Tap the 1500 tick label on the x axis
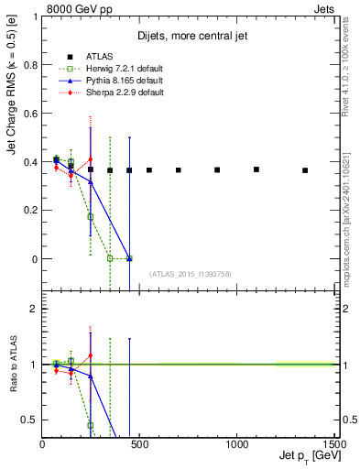[x=333, y=443]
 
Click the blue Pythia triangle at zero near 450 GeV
[x=129, y=258]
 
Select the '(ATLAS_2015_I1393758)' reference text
[x=191, y=274]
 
